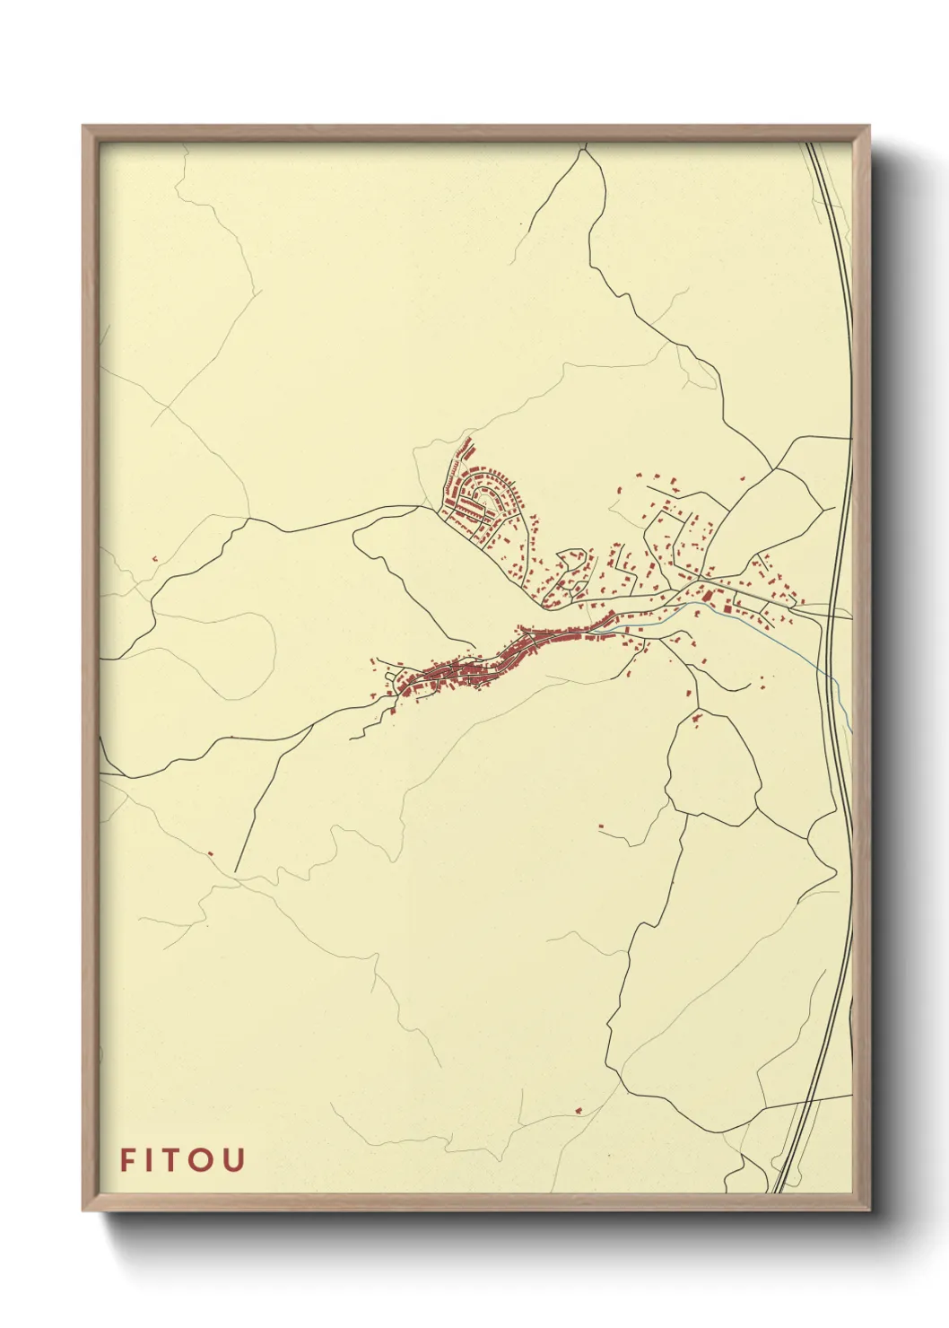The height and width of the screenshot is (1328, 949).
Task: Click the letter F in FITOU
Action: [x=128, y=1160]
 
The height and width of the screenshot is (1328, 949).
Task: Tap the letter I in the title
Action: [x=152, y=1160]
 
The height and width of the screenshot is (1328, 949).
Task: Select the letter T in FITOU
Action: [x=177, y=1160]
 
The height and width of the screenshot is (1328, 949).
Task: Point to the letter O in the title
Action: [x=205, y=1160]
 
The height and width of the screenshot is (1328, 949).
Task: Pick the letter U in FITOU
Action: [x=234, y=1160]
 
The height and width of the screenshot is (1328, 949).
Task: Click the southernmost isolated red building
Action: [x=578, y=1111]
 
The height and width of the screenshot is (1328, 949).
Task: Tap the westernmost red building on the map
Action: [x=154, y=559]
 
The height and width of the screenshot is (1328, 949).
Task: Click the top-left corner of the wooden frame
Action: [x=83, y=127]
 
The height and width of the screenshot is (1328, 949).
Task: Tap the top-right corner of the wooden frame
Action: [x=870, y=127]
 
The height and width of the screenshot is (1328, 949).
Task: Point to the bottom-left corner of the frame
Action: [x=83, y=1210]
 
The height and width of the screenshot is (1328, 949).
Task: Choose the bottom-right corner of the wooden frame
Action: [x=870, y=1210]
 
